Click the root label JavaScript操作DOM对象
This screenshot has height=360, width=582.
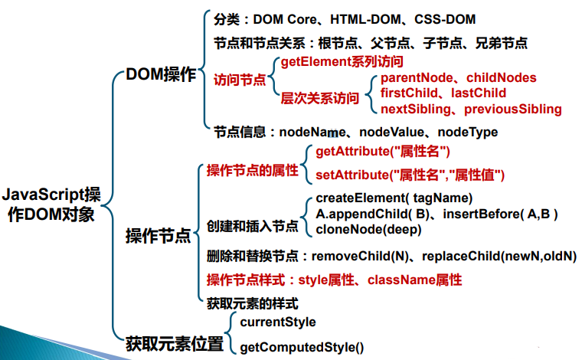[51, 204]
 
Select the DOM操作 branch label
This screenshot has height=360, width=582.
[159, 75]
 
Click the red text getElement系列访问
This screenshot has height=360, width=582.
[342, 61]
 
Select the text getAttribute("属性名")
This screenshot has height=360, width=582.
[383, 152]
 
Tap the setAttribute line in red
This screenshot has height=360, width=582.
[410, 175]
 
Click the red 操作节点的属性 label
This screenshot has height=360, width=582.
[252, 170]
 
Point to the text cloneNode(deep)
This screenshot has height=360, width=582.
[368, 229]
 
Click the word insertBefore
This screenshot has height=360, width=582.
[484, 214]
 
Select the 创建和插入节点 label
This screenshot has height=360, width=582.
[252, 227]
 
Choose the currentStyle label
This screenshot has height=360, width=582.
[277, 322]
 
